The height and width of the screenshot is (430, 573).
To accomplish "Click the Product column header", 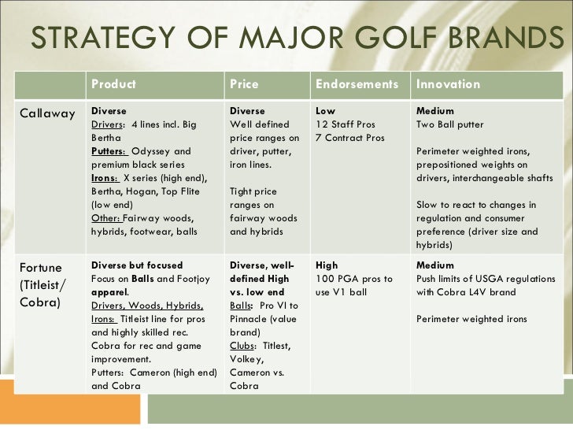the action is coord(113,84).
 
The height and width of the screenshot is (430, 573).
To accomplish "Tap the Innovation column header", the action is coord(448,84).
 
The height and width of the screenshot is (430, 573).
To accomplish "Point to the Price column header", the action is coord(243,84).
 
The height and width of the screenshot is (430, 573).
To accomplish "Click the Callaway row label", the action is coord(47,113).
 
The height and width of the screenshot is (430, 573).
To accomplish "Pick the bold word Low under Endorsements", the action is coord(325,111).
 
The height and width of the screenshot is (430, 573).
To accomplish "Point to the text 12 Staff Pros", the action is coord(345,124).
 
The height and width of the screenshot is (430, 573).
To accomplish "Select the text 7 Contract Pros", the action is coord(349,138).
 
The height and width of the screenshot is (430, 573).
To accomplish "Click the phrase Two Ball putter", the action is coord(449,124).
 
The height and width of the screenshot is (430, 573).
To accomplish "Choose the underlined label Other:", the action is coord(107,218).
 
